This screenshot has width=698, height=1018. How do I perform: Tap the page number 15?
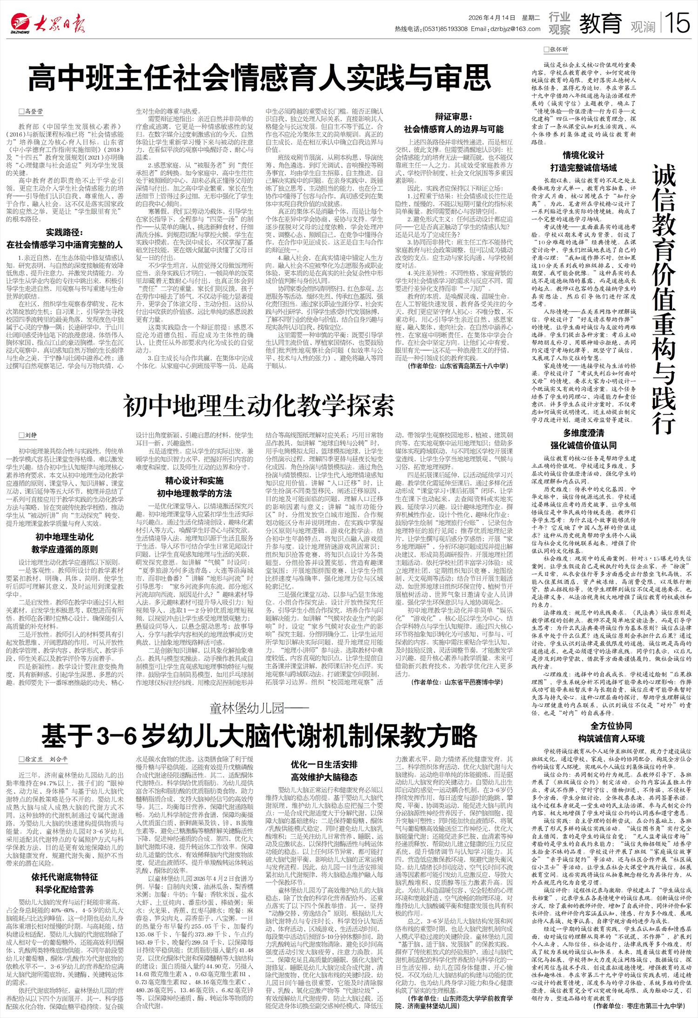pyautogui.click(x=678, y=22)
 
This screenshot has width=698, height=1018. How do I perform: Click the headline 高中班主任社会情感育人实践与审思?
pyautogui.click(x=260, y=78)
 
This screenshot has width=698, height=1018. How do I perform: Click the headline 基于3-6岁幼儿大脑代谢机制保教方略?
pyautogui.click(x=259, y=735)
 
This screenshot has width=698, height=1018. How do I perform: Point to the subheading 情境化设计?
pyautogui.click(x=583, y=155)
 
